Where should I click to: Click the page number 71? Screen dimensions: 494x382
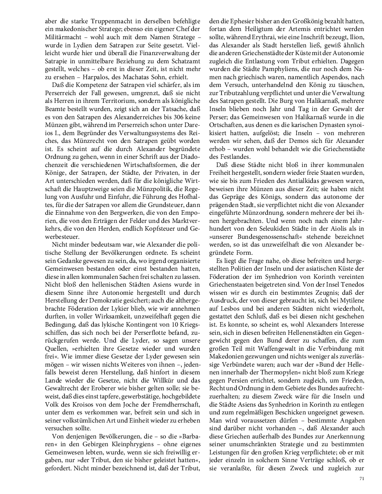(x=362, y=478)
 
